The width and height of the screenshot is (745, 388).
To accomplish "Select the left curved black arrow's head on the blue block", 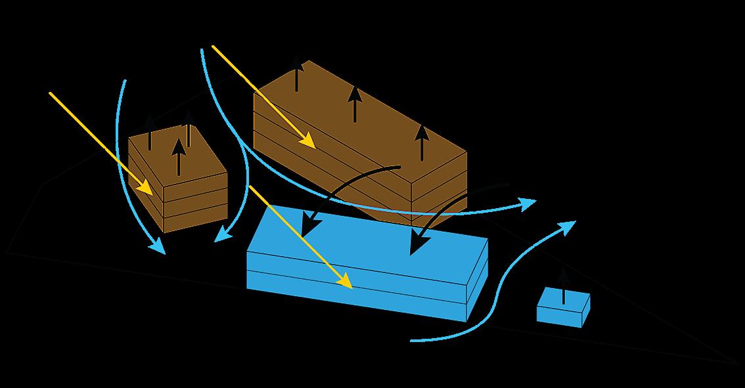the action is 309,226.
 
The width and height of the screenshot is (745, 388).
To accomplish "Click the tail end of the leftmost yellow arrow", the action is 51,93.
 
